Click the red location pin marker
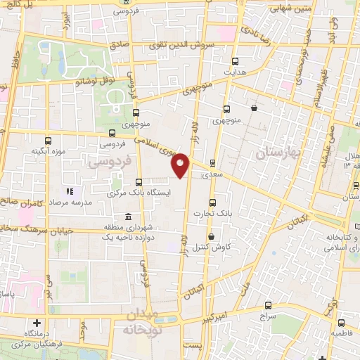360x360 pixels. (x=181, y=165)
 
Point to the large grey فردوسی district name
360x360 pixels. (x=108, y=162)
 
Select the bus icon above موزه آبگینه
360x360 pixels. (x=48, y=141)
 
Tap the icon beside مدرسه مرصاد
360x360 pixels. (x=70, y=191)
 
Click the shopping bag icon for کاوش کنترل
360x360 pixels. (x=210, y=237)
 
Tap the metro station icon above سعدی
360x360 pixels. (x=213, y=163)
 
